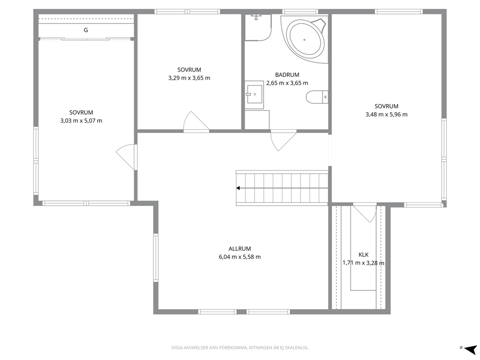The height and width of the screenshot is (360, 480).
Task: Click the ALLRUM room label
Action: [240, 249]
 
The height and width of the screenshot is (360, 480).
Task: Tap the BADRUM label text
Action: [287, 75]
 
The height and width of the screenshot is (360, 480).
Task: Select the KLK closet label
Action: [363, 255]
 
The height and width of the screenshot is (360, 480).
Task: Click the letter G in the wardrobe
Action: [86, 30]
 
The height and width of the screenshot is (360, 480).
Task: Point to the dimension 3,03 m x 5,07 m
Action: [81, 120]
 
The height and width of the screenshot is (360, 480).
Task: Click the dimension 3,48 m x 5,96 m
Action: [386, 115]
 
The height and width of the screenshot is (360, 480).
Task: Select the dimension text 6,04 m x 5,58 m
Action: [240, 257]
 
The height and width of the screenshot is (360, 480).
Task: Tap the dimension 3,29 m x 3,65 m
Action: [189, 78]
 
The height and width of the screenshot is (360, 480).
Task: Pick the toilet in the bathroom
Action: [317, 97]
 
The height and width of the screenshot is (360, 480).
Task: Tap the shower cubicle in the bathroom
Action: [258, 27]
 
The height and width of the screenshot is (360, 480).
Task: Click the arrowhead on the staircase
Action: [238, 188]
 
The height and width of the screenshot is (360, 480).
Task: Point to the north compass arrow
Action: [470, 349]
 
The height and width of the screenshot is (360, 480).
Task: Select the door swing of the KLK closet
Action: [365, 213]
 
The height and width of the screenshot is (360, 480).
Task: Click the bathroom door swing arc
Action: [284, 140]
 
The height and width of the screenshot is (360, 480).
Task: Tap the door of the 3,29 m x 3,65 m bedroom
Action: [196, 121]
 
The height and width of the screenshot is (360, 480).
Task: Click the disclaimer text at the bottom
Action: [240, 348]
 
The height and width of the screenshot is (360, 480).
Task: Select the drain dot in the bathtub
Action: [304, 40]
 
